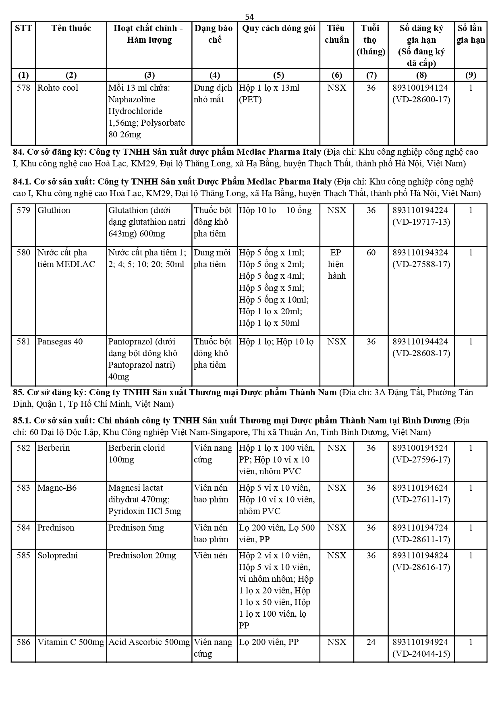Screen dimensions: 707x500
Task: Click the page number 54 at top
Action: click(x=249, y=17)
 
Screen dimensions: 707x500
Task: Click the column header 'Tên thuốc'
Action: click(x=71, y=28)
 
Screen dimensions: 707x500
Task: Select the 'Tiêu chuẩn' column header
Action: click(x=336, y=34)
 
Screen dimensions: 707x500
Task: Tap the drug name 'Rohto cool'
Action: click(x=58, y=88)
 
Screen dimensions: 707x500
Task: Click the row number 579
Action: click(x=23, y=210)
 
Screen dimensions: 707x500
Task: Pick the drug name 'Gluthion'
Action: click(x=54, y=210)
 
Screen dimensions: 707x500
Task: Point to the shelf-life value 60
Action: click(x=371, y=253)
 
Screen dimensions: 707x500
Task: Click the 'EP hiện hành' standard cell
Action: click(x=336, y=264)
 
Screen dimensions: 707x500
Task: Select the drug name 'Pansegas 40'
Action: click(x=60, y=342)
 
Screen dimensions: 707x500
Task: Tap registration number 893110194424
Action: click(x=420, y=342)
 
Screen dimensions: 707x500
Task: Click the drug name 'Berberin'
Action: click(x=54, y=448)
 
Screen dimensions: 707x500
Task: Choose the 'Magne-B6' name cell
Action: click(x=57, y=488)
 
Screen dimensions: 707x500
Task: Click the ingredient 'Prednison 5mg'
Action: click(x=136, y=528)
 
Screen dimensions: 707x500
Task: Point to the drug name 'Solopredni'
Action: click(x=57, y=556)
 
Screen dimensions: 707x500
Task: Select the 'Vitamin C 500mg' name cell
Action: click(x=71, y=642)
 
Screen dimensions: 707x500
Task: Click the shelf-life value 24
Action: click(x=371, y=642)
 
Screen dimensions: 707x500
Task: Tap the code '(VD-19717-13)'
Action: click(x=421, y=222)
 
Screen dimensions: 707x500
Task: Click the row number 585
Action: click(x=23, y=556)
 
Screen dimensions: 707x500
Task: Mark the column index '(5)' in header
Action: click(x=278, y=75)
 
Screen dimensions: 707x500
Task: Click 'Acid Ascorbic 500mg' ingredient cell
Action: click(x=149, y=642)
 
